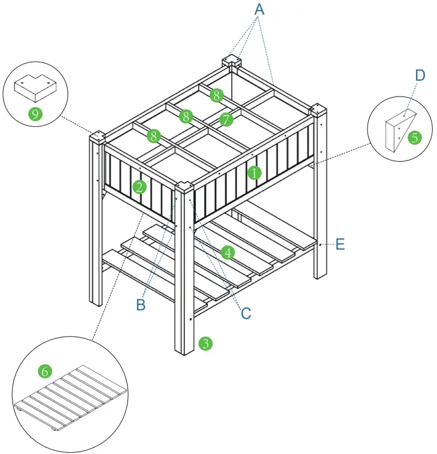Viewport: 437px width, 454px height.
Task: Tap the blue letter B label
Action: (141, 305)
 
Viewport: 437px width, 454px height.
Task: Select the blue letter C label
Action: (245, 313)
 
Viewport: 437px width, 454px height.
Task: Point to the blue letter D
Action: (420, 75)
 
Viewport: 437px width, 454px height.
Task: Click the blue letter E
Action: (340, 244)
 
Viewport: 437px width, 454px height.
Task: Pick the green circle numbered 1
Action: (254, 173)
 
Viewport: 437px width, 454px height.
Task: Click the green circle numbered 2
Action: (139, 187)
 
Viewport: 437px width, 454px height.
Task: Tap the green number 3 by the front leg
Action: (205, 343)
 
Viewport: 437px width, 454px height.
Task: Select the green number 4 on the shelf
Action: (227, 252)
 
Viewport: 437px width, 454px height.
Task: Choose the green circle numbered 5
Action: (414, 138)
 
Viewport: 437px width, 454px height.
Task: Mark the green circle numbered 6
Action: (45, 371)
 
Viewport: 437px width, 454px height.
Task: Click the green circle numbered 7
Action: (226, 120)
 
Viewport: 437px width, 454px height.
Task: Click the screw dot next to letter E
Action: (321, 244)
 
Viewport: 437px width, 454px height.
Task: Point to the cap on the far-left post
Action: (96, 137)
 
